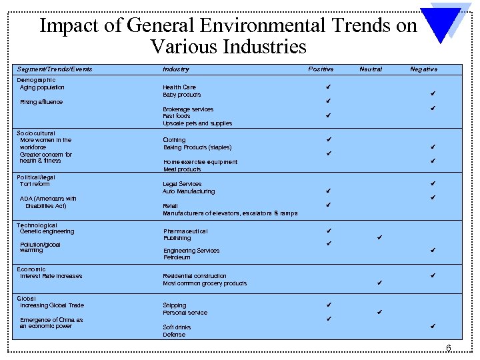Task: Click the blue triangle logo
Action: coord(446,23)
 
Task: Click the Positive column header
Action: coord(321,69)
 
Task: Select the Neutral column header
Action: coord(371,69)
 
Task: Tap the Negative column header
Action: coord(423,69)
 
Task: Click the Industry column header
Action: coord(176,69)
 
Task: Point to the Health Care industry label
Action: coord(179,87)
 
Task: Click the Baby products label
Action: coord(182,95)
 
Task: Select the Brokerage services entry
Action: coord(188,109)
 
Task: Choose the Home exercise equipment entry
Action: coord(200,162)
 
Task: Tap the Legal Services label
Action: coord(182,184)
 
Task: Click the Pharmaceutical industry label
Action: coord(185,231)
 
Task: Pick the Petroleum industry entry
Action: coord(177,257)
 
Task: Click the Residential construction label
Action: coord(195,276)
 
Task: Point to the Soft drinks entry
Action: coord(177,327)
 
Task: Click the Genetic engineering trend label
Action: coord(47,231)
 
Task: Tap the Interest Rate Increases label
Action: coord(51,276)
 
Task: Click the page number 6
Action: coord(449,349)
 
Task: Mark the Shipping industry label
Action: coord(175,305)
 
